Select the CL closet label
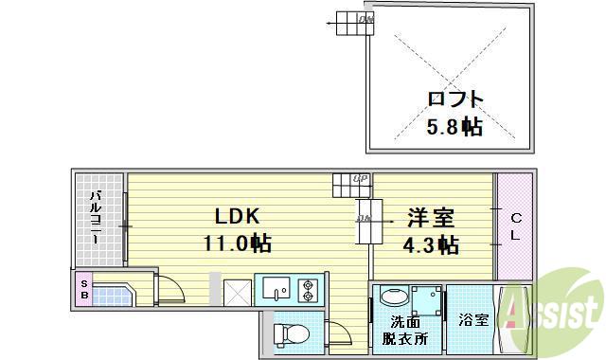tap(515, 226)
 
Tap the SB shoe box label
tap(83, 289)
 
